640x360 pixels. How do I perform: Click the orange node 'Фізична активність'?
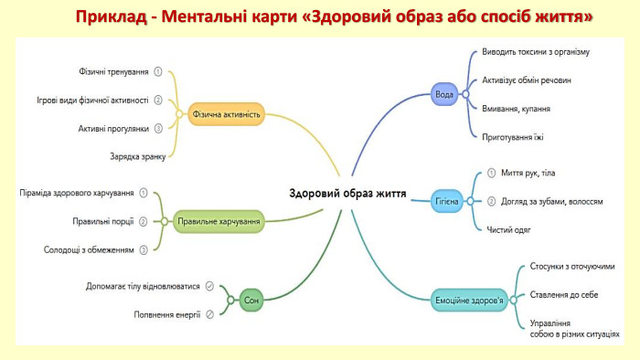[x=228, y=115]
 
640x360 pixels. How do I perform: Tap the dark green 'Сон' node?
[x=251, y=299]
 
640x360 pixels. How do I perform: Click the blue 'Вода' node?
[x=443, y=94]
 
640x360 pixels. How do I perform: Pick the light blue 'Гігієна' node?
[x=445, y=201]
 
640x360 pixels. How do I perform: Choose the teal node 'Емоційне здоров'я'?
[x=468, y=298]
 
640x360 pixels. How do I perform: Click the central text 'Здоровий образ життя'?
[x=347, y=193]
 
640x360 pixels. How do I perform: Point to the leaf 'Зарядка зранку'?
[x=137, y=156]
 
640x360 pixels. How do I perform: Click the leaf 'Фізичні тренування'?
[x=114, y=71]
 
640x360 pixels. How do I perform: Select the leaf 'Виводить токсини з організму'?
[x=536, y=52]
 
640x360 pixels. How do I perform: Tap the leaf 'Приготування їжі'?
[x=514, y=136]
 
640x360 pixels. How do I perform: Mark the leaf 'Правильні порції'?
[x=103, y=221]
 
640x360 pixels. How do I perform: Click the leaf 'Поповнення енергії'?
[x=167, y=314]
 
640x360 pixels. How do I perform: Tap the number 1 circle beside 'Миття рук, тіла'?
[x=492, y=173]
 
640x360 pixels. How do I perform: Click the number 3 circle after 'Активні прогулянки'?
[x=158, y=129]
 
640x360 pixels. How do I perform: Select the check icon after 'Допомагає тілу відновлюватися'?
[x=210, y=286]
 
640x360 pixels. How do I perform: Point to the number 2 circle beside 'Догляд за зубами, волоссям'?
[x=492, y=201]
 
